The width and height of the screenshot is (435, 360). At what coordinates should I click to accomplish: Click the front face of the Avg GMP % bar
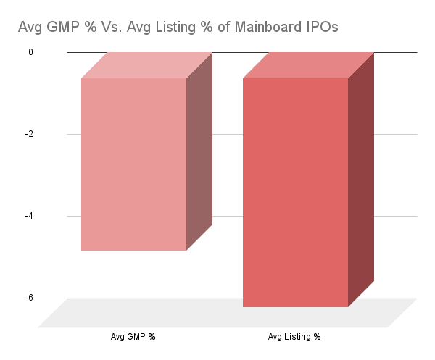(134, 164)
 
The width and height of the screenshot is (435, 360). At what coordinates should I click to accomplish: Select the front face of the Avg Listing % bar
(296, 192)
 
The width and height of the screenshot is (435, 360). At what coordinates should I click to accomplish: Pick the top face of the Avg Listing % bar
(308, 65)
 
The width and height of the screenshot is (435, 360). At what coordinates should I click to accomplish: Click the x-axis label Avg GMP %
(133, 337)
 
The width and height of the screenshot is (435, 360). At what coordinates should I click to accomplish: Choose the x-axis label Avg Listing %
(294, 337)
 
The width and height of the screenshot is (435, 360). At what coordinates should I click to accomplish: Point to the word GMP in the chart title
(62, 28)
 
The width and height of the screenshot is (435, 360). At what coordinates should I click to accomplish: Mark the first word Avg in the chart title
(31, 28)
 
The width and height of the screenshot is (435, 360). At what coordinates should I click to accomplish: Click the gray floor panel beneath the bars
(217, 317)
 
